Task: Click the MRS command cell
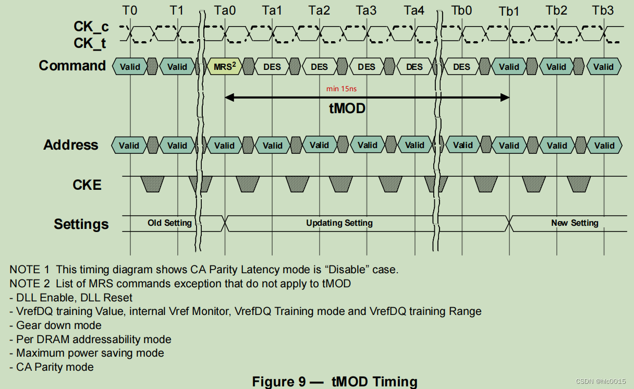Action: (225, 67)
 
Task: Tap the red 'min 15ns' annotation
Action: (342, 89)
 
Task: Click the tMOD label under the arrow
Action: (347, 108)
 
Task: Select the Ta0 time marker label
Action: (225, 10)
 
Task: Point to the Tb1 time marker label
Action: (509, 11)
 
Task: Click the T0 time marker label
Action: (130, 10)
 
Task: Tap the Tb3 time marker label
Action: (603, 10)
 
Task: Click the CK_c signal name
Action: (91, 27)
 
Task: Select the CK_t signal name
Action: (90, 43)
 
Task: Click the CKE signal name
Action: (87, 185)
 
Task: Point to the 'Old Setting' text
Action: (169, 223)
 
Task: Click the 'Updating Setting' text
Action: (339, 223)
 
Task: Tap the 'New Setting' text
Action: (575, 223)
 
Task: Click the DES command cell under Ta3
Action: (367, 67)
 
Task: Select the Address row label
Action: (70, 145)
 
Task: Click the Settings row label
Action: (81, 224)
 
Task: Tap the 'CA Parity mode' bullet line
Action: (52, 367)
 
